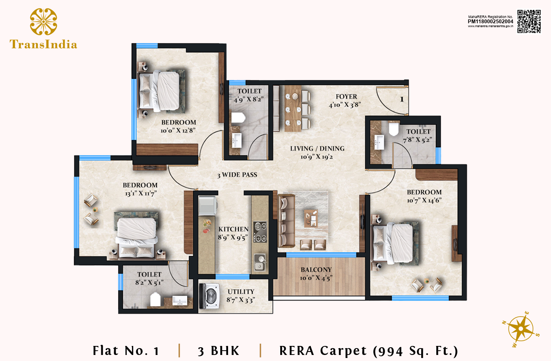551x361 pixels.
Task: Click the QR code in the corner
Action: (529, 22)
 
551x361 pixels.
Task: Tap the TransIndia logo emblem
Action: (44, 22)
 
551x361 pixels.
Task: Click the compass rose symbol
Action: (521, 329)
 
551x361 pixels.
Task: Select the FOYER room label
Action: (346, 96)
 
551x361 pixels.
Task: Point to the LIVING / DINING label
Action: (317, 149)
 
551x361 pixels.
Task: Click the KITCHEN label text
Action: (233, 229)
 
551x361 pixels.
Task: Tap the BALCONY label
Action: (316, 270)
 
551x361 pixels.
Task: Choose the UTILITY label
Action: (241, 292)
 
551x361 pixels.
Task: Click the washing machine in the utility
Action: (210, 296)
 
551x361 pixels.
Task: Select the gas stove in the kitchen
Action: (260, 232)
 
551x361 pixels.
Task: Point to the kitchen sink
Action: (260, 262)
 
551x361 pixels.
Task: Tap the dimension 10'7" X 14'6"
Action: (424, 200)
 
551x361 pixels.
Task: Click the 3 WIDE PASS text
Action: (237, 175)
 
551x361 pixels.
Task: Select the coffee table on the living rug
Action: (311, 218)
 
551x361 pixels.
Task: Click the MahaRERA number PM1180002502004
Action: (491, 22)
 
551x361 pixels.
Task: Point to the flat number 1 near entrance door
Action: (402, 99)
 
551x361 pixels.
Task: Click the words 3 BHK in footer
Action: (219, 351)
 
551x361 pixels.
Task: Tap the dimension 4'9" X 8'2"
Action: (249, 99)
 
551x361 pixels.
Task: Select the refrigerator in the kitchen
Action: (208, 205)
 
